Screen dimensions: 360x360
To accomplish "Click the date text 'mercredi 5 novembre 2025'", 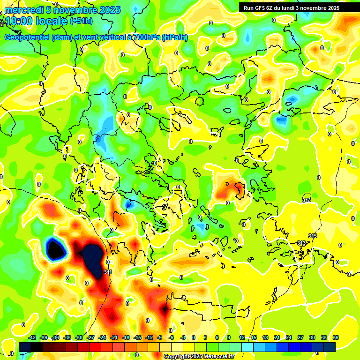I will [62, 10].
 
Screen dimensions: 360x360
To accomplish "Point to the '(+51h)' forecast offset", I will [81, 21].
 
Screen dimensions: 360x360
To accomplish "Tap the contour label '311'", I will [108, 272].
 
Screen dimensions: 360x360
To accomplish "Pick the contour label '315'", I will [307, 200].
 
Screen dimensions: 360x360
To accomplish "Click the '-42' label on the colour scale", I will [32, 337].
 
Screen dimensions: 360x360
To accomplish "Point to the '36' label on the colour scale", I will [336, 337].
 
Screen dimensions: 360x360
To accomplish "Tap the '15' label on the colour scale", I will [254, 337].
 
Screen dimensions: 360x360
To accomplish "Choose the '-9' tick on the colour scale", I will [159, 337].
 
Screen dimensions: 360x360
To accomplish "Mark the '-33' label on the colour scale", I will [67, 337].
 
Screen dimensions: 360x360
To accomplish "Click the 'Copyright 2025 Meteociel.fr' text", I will [199, 356].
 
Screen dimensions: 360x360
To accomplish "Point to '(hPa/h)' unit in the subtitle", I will [174, 37].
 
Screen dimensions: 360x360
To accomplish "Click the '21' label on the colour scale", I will [277, 337].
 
